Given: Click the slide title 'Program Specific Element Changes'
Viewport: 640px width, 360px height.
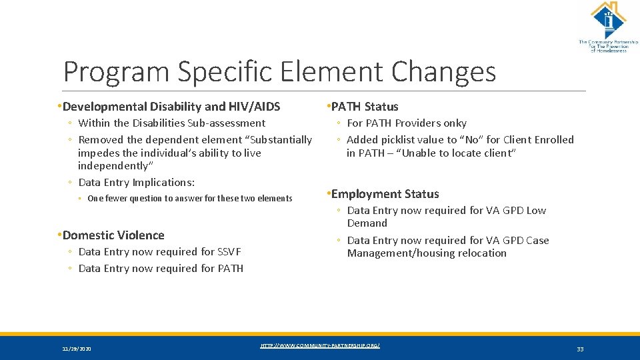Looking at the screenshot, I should point(279,71).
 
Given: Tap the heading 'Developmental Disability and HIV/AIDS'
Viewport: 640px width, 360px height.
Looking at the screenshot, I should point(171,107).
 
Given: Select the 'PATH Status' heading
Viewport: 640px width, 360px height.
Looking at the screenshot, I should point(364,107).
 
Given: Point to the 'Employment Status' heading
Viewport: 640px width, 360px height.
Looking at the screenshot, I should point(385,194).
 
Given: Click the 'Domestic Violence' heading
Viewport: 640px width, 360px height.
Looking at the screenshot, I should point(113,235).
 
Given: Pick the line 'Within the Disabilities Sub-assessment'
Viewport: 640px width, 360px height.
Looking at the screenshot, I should point(171,123).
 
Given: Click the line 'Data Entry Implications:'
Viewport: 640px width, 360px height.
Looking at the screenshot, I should point(136,183).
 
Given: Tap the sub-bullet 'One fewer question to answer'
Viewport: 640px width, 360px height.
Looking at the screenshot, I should point(190,199).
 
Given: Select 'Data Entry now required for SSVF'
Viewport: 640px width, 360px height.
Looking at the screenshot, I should point(159,252).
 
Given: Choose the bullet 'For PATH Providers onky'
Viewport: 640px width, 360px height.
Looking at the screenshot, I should point(406,123).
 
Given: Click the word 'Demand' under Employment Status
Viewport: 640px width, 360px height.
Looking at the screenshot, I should point(367,223).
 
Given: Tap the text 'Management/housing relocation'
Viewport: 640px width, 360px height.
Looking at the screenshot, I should point(427,253).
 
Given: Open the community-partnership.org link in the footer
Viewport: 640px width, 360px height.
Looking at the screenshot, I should point(320,345).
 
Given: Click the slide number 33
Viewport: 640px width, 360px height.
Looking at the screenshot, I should point(580,349).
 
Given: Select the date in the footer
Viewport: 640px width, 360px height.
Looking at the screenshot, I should point(77,349).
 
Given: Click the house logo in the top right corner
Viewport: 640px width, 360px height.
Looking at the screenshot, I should point(607,20).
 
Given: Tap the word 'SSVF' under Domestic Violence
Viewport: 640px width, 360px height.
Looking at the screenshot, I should point(229,252).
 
